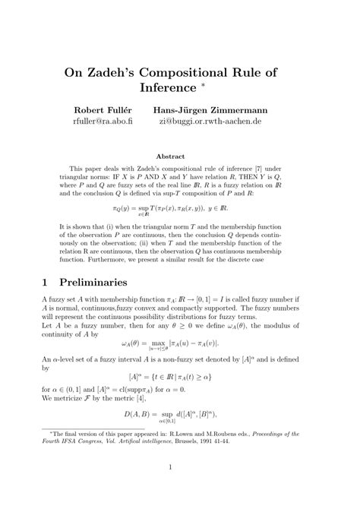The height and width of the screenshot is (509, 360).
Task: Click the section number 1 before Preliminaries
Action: (x=44, y=281)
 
